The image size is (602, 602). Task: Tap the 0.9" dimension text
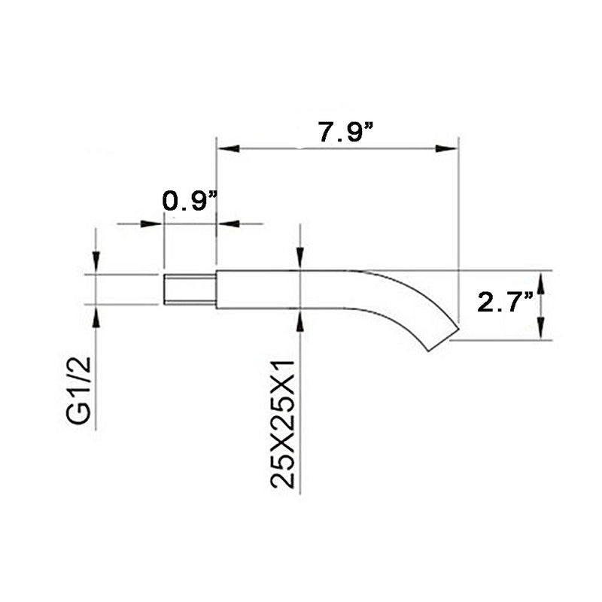pyautogui.click(x=190, y=201)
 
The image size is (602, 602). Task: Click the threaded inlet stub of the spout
pyautogui.click(x=190, y=290)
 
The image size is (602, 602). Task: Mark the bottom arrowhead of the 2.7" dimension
pyautogui.click(x=540, y=332)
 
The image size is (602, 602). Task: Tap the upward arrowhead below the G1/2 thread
pyautogui.click(x=96, y=314)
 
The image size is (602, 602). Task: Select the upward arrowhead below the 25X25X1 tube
pyautogui.click(x=300, y=318)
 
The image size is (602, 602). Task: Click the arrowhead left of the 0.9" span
pyautogui.click(x=154, y=223)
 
